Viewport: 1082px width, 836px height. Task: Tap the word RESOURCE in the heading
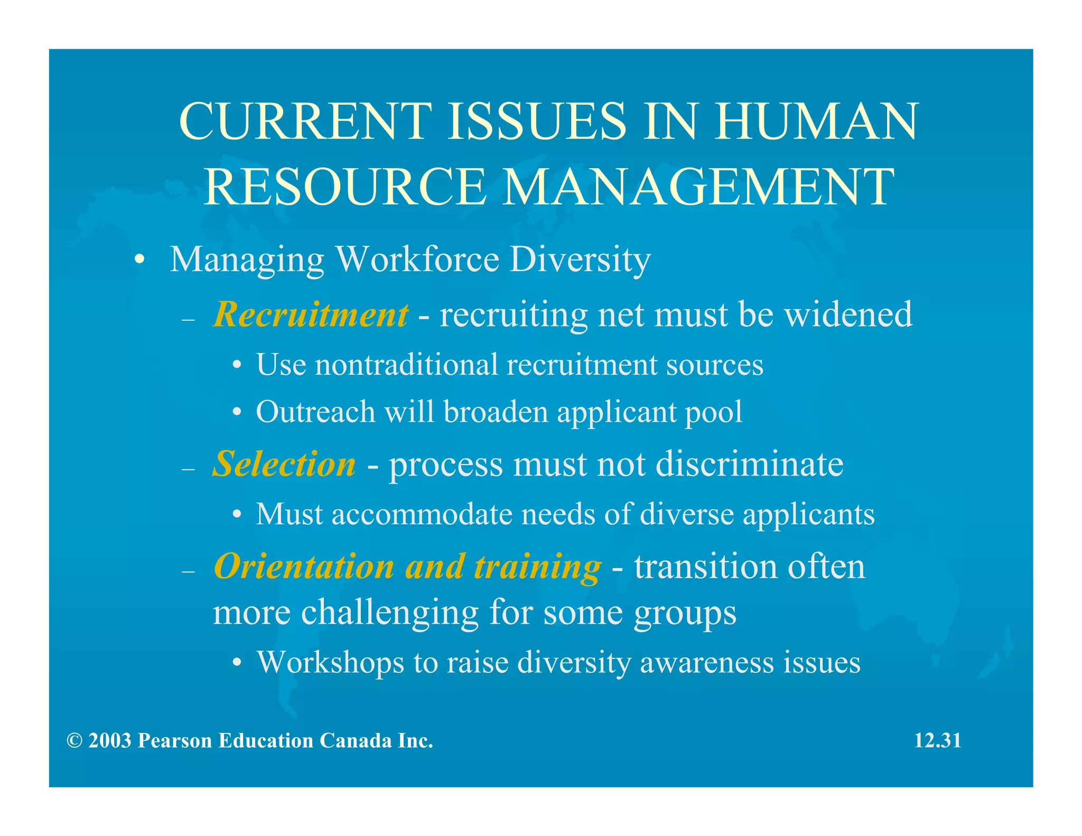coord(344,187)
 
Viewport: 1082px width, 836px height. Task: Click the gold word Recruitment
coord(311,315)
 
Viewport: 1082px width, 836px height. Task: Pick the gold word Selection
coord(284,465)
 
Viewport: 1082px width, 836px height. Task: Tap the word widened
coord(848,315)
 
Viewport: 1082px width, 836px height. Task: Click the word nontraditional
coord(406,365)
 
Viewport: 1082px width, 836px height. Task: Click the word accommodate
coord(422,514)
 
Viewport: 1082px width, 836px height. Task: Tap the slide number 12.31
coord(937,740)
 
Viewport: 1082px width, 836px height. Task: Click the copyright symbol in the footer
coord(74,741)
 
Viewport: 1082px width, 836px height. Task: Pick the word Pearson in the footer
coord(174,741)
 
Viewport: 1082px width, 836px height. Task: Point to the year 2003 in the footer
coord(109,741)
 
